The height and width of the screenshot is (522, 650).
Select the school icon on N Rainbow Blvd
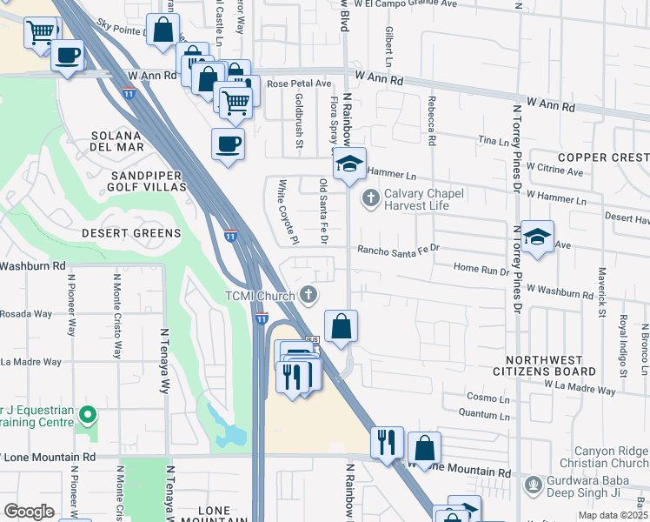(349, 163)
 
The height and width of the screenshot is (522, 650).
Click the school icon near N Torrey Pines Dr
(537, 237)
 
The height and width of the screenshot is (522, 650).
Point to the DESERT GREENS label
(130, 233)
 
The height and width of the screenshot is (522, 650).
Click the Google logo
(29, 511)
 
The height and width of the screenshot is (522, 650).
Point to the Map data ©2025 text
(613, 515)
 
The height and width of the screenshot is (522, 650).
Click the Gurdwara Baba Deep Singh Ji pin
(532, 483)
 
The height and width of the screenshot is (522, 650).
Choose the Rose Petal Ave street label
(300, 84)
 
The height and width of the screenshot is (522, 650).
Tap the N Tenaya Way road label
(163, 361)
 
